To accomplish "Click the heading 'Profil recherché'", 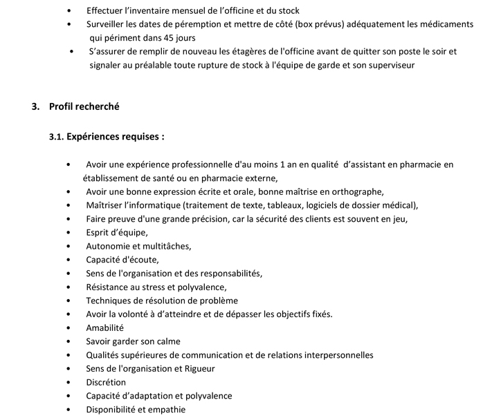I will click(84, 106).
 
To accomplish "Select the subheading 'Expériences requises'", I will click(111, 137).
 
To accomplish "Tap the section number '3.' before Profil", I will click(36, 106).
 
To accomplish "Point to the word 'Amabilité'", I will click(104, 328).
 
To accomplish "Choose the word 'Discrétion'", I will click(106, 382).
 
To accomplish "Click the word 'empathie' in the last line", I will click(167, 410).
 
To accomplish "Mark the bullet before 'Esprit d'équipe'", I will click(68, 233).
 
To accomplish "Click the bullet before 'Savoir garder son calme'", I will click(68, 342).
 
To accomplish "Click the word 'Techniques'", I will click(108, 301).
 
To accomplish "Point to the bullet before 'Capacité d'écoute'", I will click(68, 260).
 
